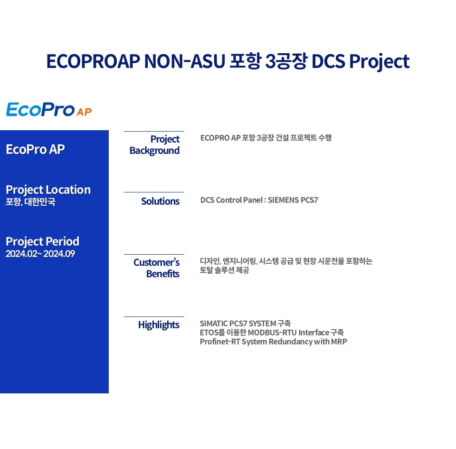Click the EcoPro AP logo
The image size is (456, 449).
click(49, 109)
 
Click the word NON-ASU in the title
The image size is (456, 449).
click(185, 61)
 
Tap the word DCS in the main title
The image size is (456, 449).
click(328, 61)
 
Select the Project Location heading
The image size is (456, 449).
click(48, 190)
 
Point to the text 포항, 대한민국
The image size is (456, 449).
click(30, 202)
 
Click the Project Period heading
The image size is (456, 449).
click(42, 241)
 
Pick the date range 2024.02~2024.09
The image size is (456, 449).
click(40, 254)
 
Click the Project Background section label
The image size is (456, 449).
click(154, 145)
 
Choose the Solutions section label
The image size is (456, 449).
click(160, 201)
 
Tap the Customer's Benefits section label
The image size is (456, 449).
click(156, 268)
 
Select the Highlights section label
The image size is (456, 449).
click(159, 325)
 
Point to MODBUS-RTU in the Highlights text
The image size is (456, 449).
click(272, 333)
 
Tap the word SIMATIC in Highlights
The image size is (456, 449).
click(214, 324)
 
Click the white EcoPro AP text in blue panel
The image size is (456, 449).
click(35, 150)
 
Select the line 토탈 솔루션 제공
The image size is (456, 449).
click(225, 270)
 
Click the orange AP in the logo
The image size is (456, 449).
click(85, 112)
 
